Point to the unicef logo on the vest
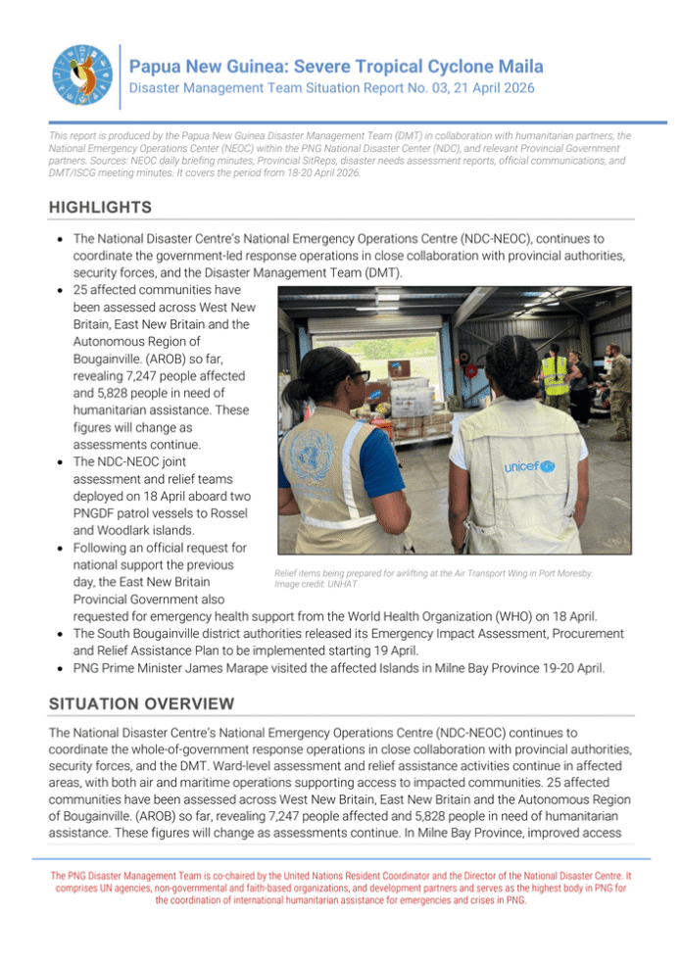[530, 466]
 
